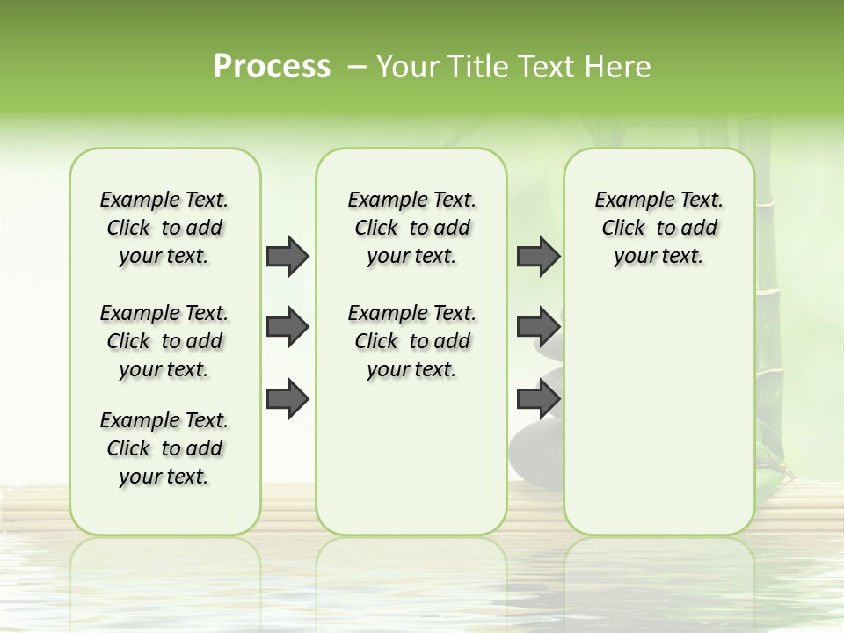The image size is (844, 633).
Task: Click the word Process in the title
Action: point(272,67)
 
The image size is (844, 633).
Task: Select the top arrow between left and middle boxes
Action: point(287,256)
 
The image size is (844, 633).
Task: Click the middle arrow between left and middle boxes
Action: point(287,327)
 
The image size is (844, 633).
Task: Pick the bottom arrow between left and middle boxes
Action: point(287,399)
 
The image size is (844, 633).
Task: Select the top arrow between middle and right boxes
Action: point(538,256)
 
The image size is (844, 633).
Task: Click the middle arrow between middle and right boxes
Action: point(538,327)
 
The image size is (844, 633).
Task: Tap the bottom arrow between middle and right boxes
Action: point(538,399)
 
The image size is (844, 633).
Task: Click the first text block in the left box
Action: point(164,228)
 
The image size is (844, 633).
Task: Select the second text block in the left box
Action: point(164,341)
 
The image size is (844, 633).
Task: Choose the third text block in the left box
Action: point(164,448)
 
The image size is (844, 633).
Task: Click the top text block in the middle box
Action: point(411,228)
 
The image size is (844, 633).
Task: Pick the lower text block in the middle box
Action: point(411,341)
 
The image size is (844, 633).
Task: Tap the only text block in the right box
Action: point(658,228)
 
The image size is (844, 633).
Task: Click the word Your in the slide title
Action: point(405,67)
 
